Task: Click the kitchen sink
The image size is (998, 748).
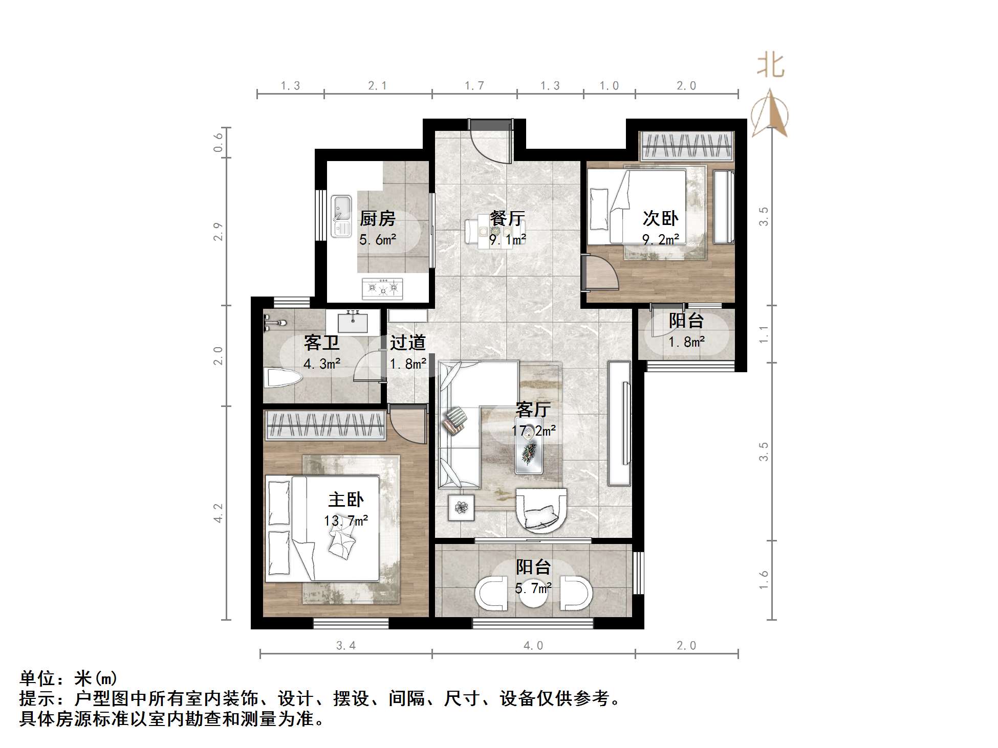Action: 341,216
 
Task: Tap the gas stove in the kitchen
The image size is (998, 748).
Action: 382,289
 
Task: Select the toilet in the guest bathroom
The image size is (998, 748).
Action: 283,379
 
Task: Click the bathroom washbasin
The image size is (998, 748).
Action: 353,321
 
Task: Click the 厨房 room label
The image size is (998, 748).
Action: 378,219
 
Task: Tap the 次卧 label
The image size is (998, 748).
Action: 660,219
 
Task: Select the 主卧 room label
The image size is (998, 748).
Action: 346,500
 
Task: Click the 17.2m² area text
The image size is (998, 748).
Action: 534,431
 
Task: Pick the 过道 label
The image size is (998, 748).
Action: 408,343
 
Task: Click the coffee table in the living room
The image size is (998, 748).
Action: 529,445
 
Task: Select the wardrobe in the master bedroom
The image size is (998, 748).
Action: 324,425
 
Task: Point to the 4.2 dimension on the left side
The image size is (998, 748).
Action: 219,513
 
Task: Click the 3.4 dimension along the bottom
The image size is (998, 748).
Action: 346,646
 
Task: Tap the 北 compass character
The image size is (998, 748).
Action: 771,66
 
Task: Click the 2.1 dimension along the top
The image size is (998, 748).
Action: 378,86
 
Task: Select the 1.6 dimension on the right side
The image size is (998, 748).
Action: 764,580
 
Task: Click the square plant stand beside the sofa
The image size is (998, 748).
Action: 462,507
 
